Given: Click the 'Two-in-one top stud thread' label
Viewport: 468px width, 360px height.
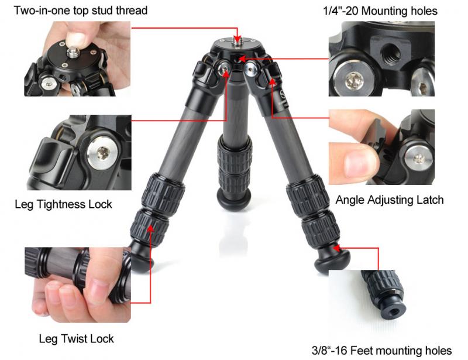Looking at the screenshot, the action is click(81, 11).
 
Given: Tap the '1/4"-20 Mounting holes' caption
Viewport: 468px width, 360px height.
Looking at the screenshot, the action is click(380, 11).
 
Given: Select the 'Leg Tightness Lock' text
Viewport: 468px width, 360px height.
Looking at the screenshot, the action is click(63, 204).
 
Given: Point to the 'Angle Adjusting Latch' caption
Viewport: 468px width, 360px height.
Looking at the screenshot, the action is click(390, 200).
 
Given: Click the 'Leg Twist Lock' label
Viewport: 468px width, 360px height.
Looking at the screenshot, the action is click(77, 339).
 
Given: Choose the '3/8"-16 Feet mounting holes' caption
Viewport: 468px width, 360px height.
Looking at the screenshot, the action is click(382, 351).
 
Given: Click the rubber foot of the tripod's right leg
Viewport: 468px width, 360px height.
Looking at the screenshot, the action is click(332, 261).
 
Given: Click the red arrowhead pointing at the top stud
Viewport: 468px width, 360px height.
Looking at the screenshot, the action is click(238, 39).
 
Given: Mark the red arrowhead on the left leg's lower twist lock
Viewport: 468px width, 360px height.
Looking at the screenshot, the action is click(151, 228).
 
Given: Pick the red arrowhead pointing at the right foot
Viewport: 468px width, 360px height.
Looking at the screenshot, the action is click(336, 248).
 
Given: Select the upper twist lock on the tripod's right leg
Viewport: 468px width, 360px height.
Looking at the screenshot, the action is click(308, 197).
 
